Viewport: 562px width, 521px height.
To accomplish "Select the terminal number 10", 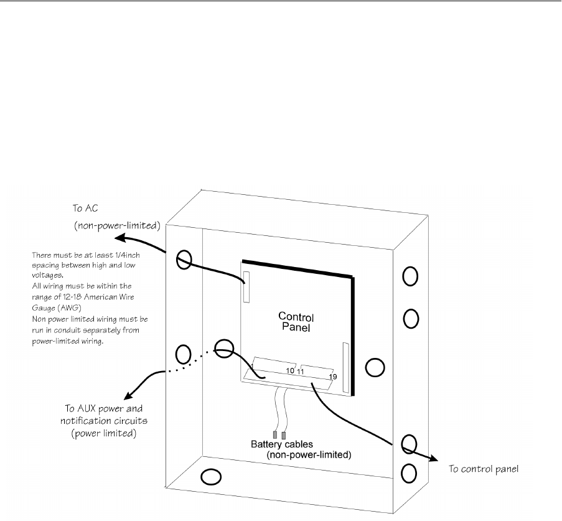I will point(290,371).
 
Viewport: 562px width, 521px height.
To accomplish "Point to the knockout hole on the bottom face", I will point(211,477).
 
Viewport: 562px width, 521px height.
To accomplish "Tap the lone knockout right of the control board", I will point(375,368).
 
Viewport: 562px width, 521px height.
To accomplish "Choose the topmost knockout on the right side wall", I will point(410,276).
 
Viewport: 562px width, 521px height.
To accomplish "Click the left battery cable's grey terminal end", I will point(274,435).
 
